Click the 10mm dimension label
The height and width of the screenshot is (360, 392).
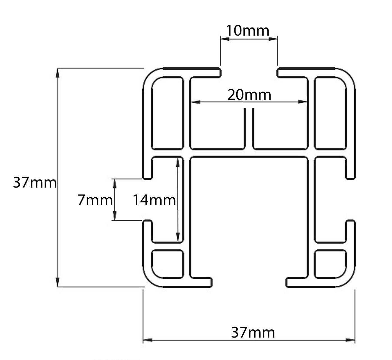point(247,31)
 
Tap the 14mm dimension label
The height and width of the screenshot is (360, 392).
point(154,200)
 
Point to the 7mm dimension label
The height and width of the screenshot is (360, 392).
point(95,200)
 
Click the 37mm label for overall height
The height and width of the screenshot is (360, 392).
point(34,183)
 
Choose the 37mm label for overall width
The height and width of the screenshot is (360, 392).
point(253,333)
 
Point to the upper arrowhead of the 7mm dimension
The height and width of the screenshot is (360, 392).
point(114,183)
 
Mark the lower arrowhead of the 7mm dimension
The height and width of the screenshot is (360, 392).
point(114,216)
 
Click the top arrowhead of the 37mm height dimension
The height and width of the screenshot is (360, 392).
point(58,73)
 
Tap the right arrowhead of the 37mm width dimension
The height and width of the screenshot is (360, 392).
point(351,340)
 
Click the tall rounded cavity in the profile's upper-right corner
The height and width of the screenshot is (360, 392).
point(330,112)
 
